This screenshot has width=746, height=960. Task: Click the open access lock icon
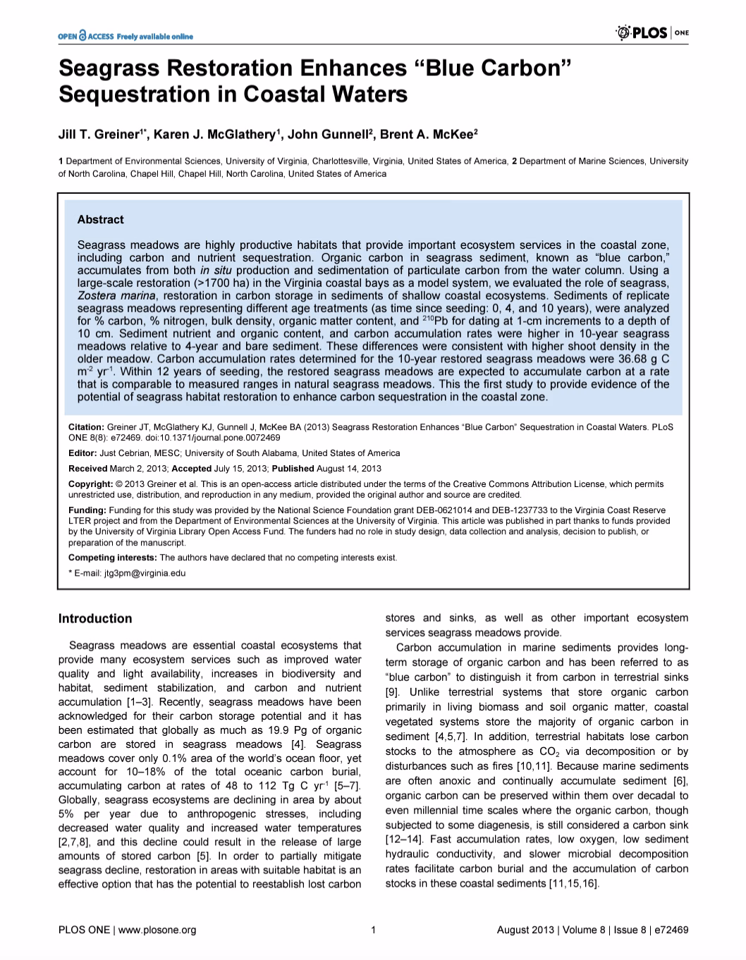click(82, 35)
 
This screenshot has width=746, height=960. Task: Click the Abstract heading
click(100, 220)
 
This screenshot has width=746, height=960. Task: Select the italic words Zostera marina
click(116, 295)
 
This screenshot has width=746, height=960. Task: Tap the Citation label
click(86, 427)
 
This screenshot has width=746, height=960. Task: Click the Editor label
click(82, 453)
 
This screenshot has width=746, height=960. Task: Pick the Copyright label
click(90, 484)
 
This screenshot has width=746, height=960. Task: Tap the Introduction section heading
click(95, 619)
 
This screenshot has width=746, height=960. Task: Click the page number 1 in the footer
click(372, 930)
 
